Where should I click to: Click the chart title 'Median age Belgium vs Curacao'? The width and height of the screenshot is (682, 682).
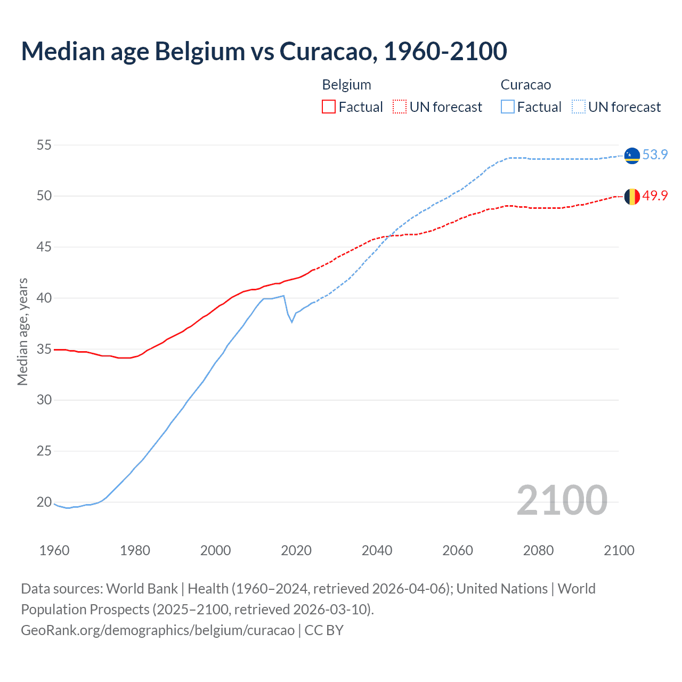pyautogui.click(x=264, y=51)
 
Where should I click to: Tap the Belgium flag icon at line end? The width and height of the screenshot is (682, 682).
pyautogui.click(x=632, y=197)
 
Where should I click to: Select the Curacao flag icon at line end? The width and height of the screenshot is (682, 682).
pyautogui.click(x=632, y=155)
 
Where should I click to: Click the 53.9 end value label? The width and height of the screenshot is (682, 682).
pyautogui.click(x=655, y=155)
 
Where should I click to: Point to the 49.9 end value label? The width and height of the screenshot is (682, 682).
pyautogui.click(x=655, y=196)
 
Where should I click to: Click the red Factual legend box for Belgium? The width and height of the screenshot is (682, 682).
pyautogui.click(x=329, y=107)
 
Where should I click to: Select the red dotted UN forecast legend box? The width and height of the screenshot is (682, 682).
pyautogui.click(x=400, y=107)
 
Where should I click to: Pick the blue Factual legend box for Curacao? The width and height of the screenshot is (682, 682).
pyautogui.click(x=507, y=107)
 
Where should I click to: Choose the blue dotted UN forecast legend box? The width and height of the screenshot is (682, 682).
pyautogui.click(x=578, y=107)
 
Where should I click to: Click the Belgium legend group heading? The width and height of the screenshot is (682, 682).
pyautogui.click(x=346, y=85)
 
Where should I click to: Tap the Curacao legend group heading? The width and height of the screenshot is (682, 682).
pyautogui.click(x=525, y=85)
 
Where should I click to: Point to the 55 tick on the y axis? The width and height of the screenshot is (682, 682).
pyautogui.click(x=44, y=145)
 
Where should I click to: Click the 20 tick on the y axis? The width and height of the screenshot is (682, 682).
pyautogui.click(x=44, y=502)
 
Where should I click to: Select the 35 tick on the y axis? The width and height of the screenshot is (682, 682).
pyautogui.click(x=44, y=349)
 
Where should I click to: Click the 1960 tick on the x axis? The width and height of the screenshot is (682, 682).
pyautogui.click(x=54, y=550)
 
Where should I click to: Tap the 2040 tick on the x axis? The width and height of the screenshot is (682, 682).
pyautogui.click(x=377, y=550)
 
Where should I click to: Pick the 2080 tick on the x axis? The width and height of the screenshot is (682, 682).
pyautogui.click(x=538, y=550)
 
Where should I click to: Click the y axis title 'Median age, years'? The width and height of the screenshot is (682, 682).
pyautogui.click(x=22, y=331)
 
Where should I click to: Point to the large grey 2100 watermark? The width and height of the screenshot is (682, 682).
pyautogui.click(x=562, y=500)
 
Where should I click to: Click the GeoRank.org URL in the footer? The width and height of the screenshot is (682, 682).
pyautogui.click(x=158, y=630)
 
